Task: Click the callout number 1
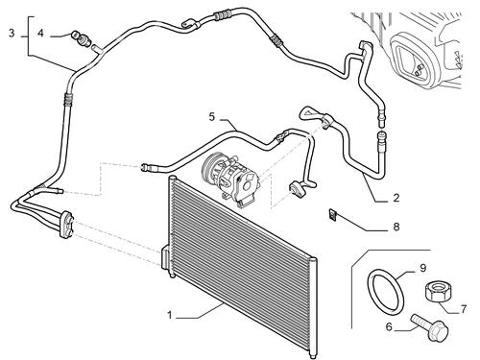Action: (x=170, y=315)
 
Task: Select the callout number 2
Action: (x=396, y=198)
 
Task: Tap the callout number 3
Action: (x=12, y=33)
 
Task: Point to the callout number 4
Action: (x=40, y=33)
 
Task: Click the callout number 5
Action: (x=212, y=117)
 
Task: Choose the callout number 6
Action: (x=389, y=327)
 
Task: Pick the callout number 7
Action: (x=463, y=309)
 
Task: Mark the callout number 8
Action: (x=396, y=227)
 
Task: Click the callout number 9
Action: (x=423, y=268)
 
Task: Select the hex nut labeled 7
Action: (x=436, y=291)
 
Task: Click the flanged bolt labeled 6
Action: (x=430, y=327)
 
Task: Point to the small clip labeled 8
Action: (x=332, y=214)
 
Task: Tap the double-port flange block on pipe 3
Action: (x=67, y=224)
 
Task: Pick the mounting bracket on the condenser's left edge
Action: (x=165, y=257)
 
